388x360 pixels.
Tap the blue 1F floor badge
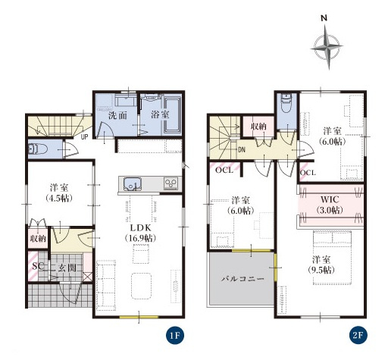coord(175,336)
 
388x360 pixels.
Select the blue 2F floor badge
coord(358,336)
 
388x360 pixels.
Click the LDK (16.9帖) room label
coord(140,233)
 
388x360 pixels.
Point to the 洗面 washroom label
coord(117,115)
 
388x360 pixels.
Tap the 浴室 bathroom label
coord(160,114)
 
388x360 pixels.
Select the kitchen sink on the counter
coord(132,183)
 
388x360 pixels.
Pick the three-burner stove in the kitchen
coord(171,183)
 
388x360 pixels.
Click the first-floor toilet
coord(37,149)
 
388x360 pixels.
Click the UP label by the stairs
coord(85,137)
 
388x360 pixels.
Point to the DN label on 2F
coord(242,150)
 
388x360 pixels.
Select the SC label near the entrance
coord(39,266)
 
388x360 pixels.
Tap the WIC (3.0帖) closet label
coord(330,205)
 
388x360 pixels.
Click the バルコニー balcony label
coord(242,279)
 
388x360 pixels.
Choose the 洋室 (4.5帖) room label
coord(59,193)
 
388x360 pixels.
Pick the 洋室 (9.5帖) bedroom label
coord(321,265)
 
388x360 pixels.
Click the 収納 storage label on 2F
coord(258,126)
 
